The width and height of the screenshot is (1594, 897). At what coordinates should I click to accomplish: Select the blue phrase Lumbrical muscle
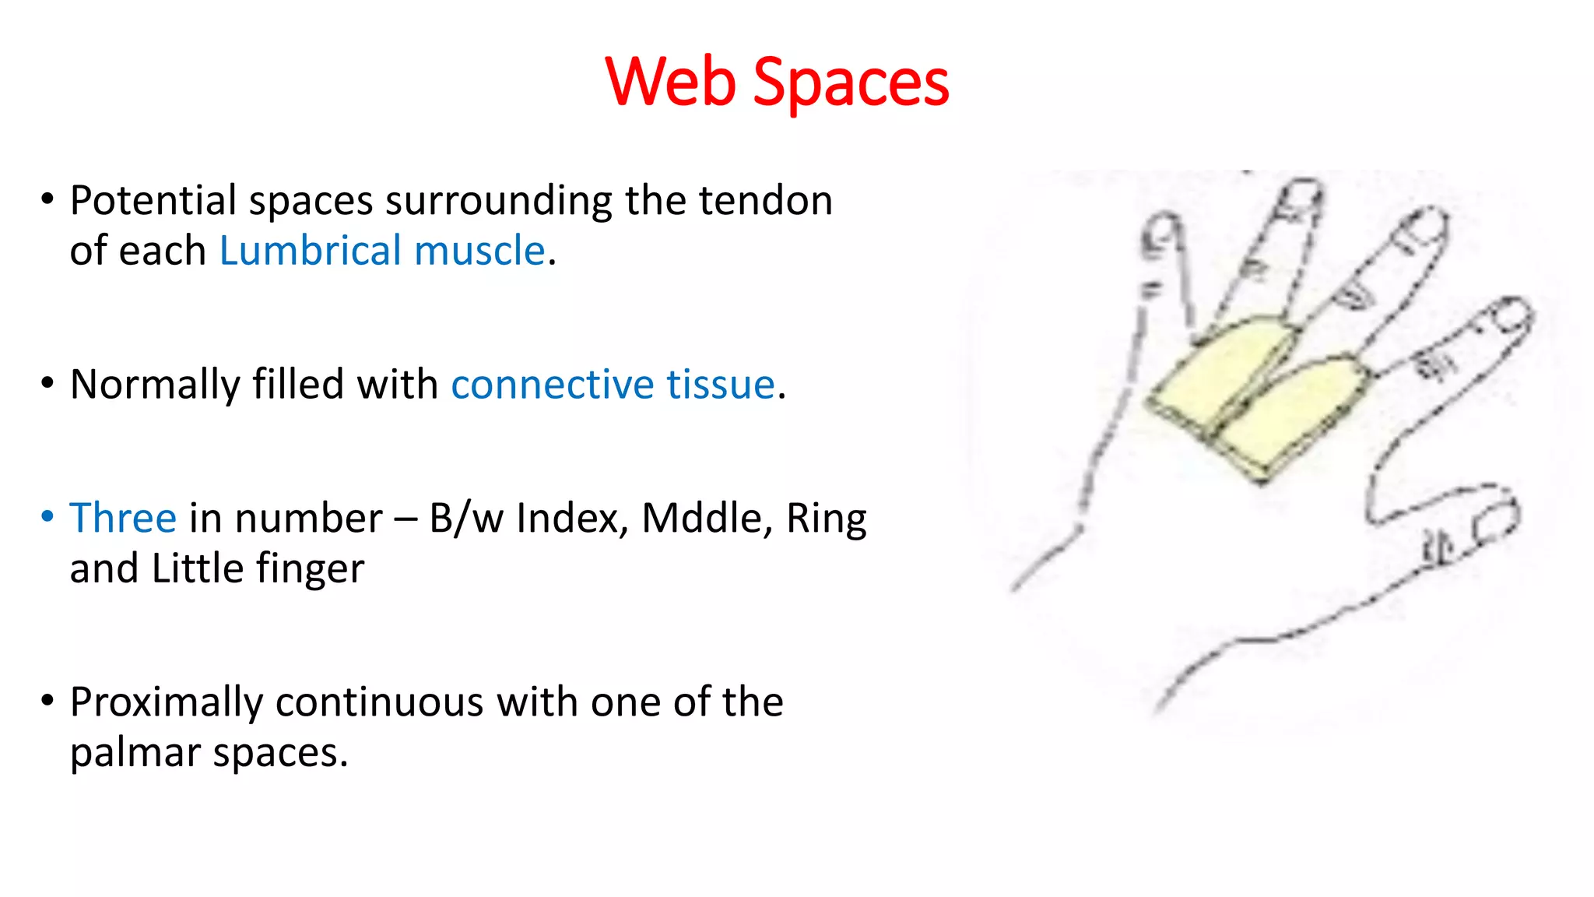(x=381, y=251)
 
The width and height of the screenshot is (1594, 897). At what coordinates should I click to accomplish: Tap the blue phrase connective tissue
(x=613, y=385)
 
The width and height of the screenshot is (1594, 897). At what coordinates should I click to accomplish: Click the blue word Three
(x=123, y=519)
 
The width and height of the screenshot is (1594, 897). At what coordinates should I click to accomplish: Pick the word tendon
(x=765, y=201)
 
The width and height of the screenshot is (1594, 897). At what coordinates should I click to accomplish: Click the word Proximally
(x=167, y=702)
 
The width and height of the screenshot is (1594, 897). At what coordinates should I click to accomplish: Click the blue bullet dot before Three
(x=47, y=516)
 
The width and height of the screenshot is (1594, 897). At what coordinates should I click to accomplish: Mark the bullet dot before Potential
(x=47, y=199)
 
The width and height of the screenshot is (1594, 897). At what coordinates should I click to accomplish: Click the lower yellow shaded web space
(x=1292, y=420)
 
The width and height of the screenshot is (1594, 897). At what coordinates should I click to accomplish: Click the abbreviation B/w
(x=465, y=519)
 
